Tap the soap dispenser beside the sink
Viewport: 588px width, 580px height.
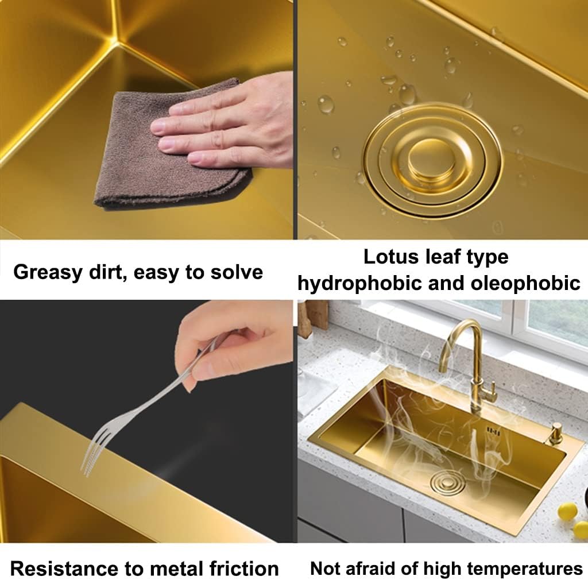tap(555, 433)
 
